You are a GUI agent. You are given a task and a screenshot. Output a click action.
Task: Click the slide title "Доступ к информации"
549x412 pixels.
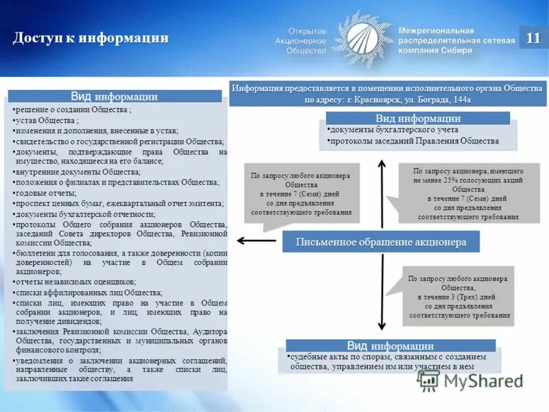90,38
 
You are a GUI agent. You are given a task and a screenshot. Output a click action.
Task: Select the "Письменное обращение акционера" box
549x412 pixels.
381,242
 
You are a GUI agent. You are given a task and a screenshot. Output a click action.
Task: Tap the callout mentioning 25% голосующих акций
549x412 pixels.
458,193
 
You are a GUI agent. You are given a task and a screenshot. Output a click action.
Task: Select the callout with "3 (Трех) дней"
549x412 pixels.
459,297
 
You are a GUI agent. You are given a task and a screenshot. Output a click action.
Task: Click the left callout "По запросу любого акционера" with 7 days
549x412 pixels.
301,194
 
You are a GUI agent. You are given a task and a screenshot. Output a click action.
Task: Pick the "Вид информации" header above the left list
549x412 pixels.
115,96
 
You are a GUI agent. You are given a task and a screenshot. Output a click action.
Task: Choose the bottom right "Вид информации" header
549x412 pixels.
389,346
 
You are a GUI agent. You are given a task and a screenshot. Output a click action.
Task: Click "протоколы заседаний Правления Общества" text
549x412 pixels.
414,141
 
